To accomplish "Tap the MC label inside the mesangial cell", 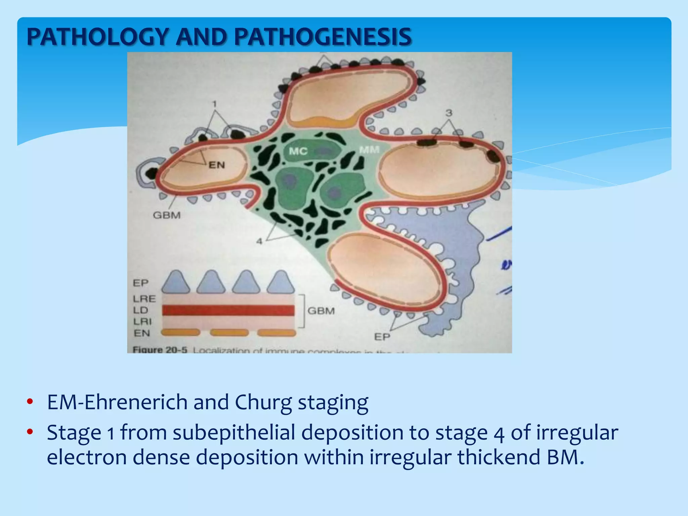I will tap(298, 152).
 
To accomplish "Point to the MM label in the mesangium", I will tap(369, 150).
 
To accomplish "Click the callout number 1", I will tap(215, 104).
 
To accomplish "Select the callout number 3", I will tap(449, 113).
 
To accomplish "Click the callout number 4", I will tap(259, 241).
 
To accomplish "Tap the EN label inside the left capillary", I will tap(217, 165).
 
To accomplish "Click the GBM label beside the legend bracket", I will tap(321, 311).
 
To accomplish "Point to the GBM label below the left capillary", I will tap(167, 215).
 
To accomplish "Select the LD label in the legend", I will tap(140, 310).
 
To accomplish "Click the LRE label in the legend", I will tap(144, 299).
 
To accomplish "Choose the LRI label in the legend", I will tap(142, 321).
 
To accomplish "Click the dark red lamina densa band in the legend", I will tap(228, 310).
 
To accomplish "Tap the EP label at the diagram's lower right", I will tap(382, 337).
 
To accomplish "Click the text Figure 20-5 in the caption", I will tap(160, 350).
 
